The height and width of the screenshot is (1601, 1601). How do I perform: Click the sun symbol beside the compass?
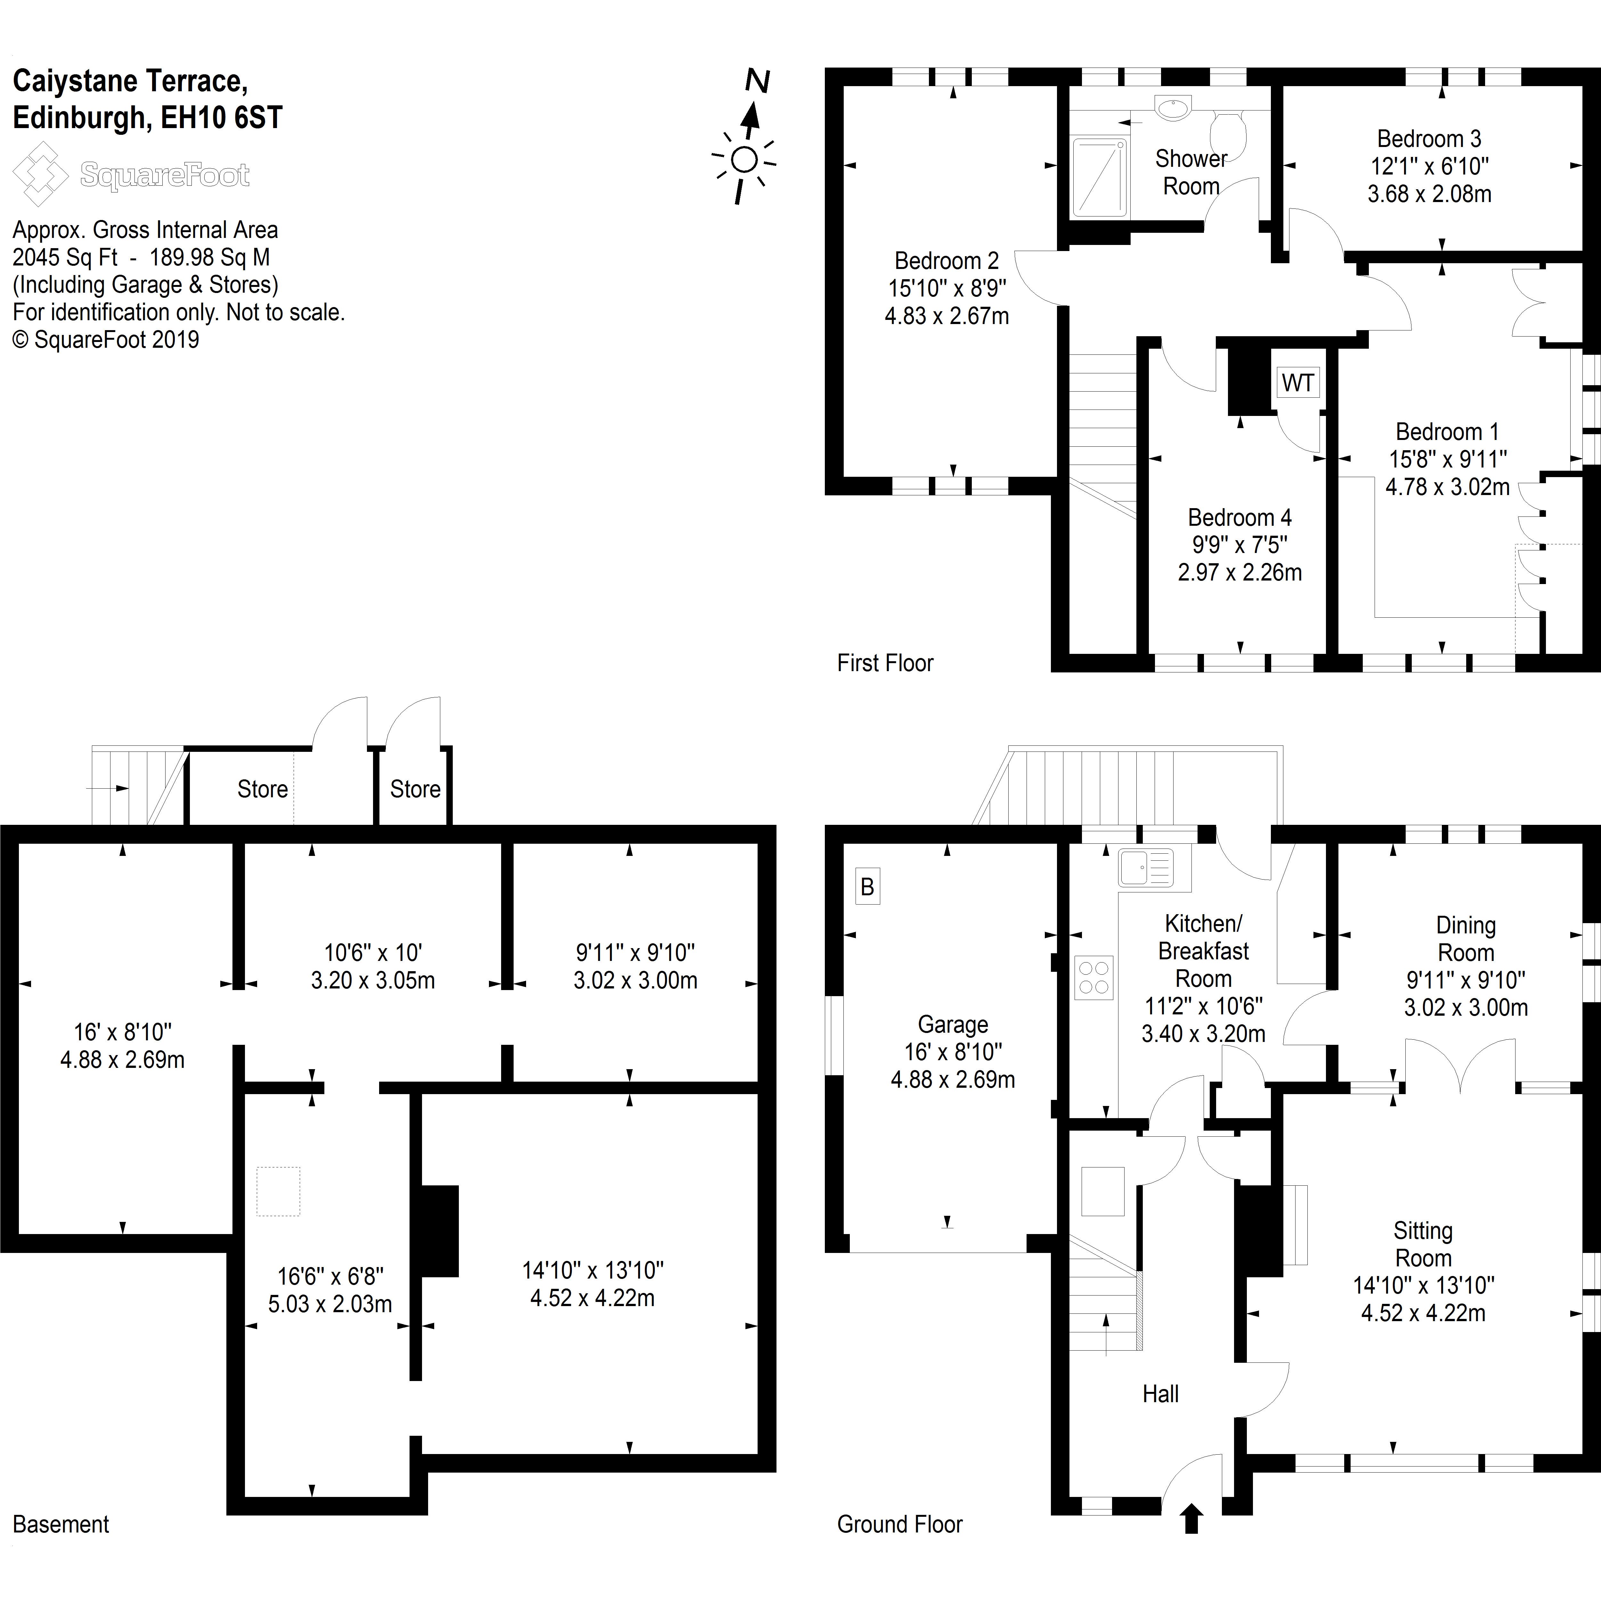tap(744, 160)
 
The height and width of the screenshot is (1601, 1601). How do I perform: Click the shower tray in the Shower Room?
tap(1100, 177)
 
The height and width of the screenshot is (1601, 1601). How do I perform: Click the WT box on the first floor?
tap(1298, 383)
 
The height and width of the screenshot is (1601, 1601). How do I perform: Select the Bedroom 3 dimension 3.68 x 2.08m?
tap(1429, 194)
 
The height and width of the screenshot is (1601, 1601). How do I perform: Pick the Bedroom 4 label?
tap(1240, 518)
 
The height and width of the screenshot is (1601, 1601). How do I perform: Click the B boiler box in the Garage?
tap(868, 887)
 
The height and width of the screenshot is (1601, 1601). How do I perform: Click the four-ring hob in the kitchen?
tap(1094, 977)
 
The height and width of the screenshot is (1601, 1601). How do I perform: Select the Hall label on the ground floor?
tap(1160, 1394)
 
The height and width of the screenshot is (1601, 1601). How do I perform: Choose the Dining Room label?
tap(1465, 939)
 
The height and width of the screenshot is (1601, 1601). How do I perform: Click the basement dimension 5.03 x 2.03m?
tap(330, 1304)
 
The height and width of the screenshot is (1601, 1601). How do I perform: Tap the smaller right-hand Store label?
tap(415, 789)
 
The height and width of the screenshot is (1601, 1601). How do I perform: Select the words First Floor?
tap(885, 663)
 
